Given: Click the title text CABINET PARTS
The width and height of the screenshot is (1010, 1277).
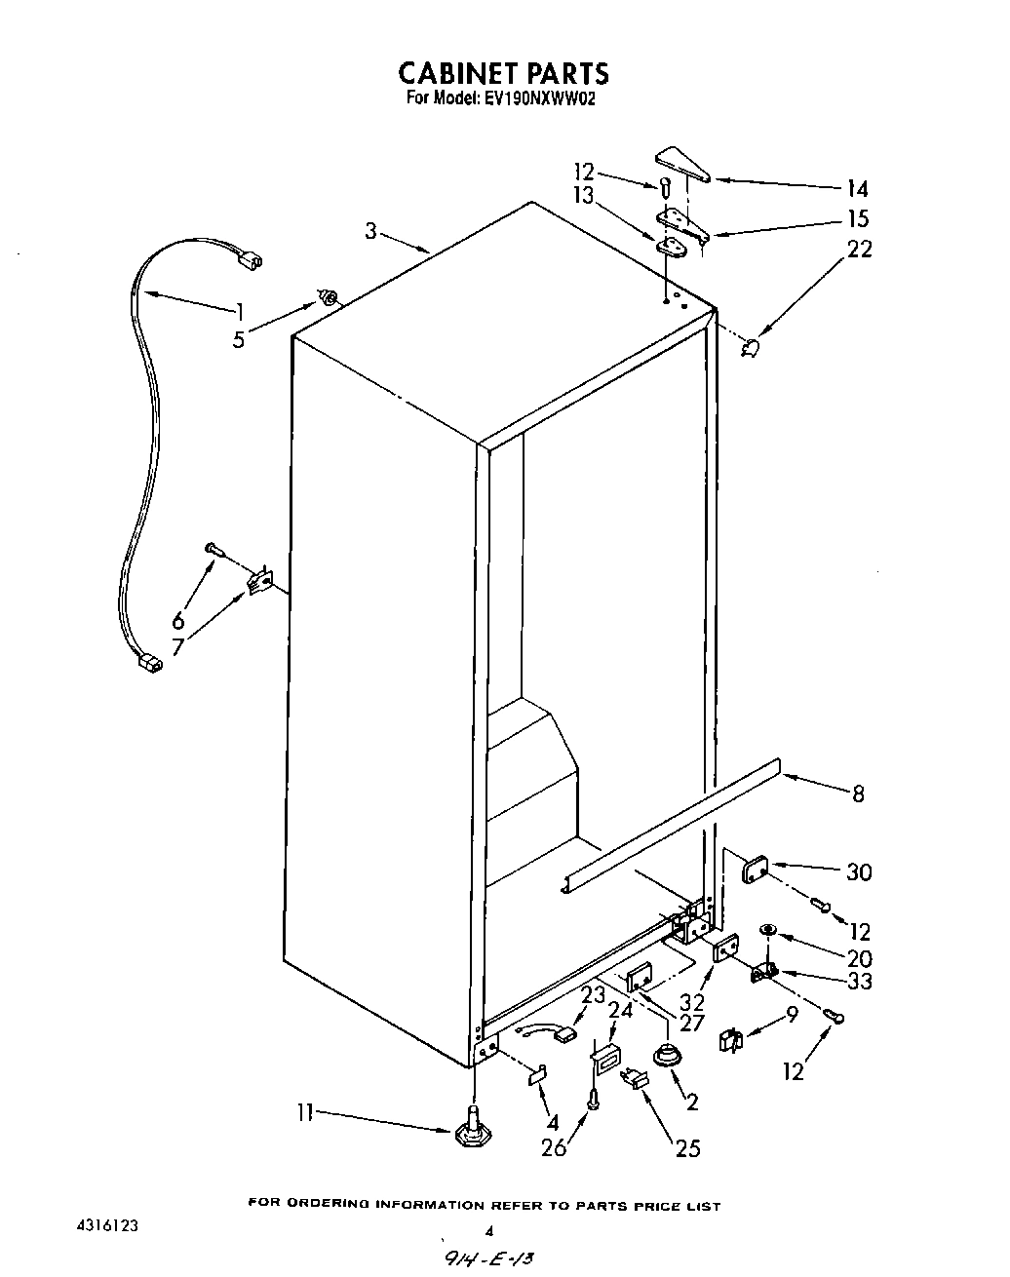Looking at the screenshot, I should (504, 73).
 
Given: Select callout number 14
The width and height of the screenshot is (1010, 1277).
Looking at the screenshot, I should (857, 189).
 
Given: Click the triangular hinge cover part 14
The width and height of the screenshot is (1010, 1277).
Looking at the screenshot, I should (683, 165).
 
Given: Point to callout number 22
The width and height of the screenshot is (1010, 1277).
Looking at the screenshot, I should (860, 249).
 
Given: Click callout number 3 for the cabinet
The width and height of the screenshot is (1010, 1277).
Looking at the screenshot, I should (370, 231).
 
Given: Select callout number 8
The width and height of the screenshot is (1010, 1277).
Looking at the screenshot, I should (858, 793).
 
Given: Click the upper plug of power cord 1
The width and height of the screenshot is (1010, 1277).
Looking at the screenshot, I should (253, 260).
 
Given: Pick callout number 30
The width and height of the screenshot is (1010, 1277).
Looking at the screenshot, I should (858, 872).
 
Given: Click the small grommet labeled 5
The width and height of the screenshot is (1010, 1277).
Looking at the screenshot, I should (330, 296).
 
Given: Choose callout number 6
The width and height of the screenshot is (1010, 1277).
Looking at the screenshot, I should (178, 620).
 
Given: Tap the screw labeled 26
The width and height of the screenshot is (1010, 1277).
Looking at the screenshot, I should (594, 1101).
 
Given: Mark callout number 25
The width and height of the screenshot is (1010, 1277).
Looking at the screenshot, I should (687, 1148).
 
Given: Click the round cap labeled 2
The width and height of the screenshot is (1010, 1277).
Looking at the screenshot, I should (666, 1055).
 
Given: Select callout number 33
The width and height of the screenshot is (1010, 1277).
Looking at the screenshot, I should (859, 982).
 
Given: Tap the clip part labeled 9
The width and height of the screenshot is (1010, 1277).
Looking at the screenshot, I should (729, 1040).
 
